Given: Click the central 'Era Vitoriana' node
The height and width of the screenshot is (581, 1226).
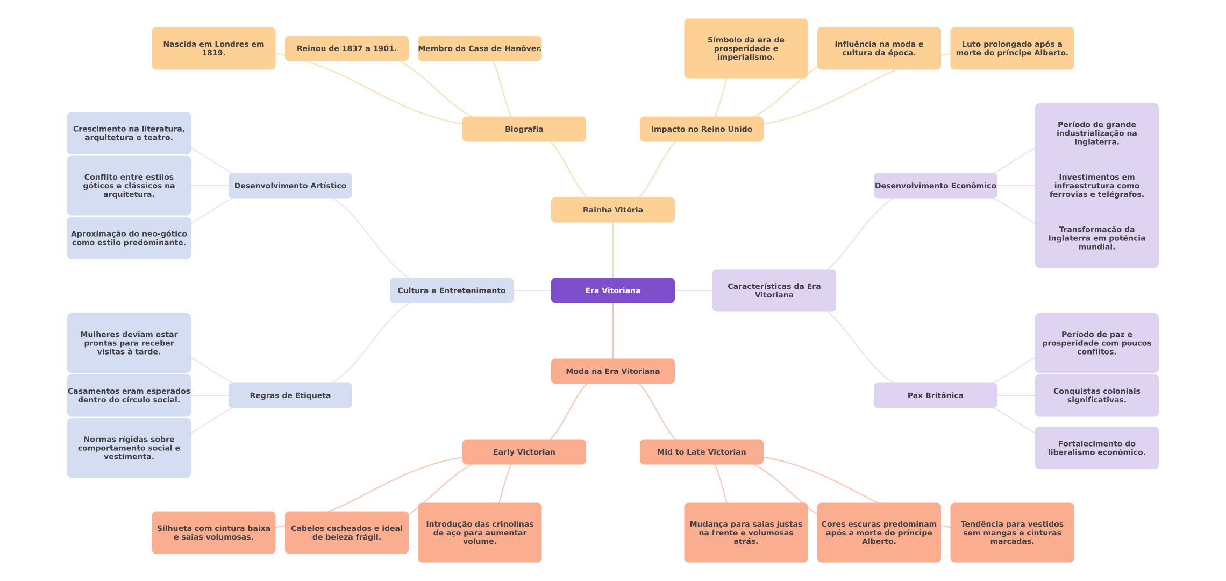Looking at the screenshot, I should point(612,290).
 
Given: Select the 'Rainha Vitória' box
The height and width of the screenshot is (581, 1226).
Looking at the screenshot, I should point(612,210).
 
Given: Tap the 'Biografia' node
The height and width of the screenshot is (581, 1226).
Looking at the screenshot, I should point(524,129).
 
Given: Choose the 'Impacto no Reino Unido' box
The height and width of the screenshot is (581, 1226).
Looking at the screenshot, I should point(701,129).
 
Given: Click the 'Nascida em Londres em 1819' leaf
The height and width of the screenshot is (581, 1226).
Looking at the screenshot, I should point(213,48).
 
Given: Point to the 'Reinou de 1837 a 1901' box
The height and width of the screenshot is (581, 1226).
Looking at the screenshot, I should point(346,48).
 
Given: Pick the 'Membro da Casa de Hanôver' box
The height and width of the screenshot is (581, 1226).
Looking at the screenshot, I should point(480,48).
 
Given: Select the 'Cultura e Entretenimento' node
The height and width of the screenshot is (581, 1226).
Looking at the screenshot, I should point(451,290).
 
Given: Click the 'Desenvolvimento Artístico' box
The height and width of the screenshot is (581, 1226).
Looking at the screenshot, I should point(290,186).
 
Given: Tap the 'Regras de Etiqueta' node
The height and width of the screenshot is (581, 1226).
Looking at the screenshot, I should point(290,395).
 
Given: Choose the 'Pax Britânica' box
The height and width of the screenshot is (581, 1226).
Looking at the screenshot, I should point(935,395).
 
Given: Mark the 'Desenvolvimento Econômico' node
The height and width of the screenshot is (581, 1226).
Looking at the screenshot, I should point(935,186).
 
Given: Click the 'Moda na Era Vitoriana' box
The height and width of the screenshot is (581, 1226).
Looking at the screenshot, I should point(612,371).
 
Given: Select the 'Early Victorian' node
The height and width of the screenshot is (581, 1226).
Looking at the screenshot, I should point(524,452).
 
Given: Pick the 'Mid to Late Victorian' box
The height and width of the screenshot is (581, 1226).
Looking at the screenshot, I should point(701,452).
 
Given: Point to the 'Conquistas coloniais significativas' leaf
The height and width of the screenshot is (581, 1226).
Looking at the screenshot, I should point(1096,395).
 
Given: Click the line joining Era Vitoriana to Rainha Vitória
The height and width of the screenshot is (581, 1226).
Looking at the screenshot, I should point(613,250).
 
